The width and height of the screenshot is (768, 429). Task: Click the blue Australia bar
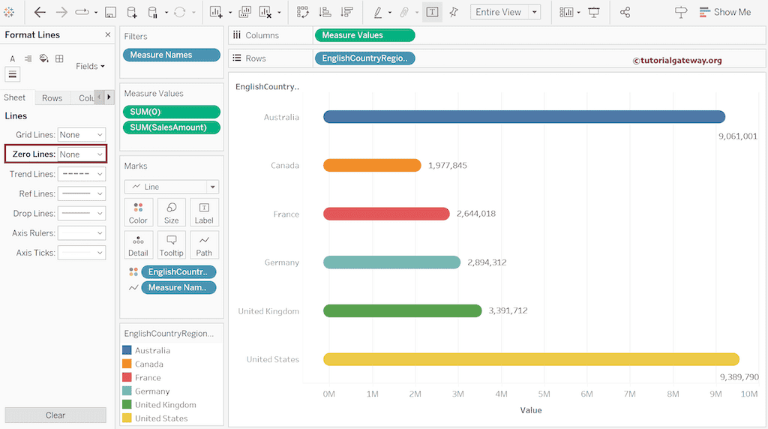pos(523,116)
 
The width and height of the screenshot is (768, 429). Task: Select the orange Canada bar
pos(372,165)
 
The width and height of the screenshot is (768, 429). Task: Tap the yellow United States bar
pos(531,359)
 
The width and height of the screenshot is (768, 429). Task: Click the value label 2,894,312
pos(487,262)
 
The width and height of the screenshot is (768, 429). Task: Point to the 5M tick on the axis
pos(544,394)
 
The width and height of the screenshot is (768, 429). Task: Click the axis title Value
pos(530,410)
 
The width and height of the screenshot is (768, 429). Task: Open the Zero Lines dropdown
pos(82,154)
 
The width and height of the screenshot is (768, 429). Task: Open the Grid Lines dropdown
pos(82,135)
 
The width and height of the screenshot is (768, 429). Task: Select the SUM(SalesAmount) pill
pos(171,127)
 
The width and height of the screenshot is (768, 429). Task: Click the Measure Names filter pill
pos(171,55)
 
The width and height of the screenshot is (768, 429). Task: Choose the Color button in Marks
pos(138,212)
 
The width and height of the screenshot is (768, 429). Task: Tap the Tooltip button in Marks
pos(171,244)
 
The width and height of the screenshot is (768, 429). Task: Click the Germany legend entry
pos(152,391)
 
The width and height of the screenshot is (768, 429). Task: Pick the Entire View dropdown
pos(505,12)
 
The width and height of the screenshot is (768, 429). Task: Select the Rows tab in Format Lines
pos(52,98)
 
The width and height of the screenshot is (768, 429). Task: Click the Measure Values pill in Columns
pos(364,35)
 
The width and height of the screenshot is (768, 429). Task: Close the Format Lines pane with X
pos(107,35)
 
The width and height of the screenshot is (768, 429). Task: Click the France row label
pos(286,214)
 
